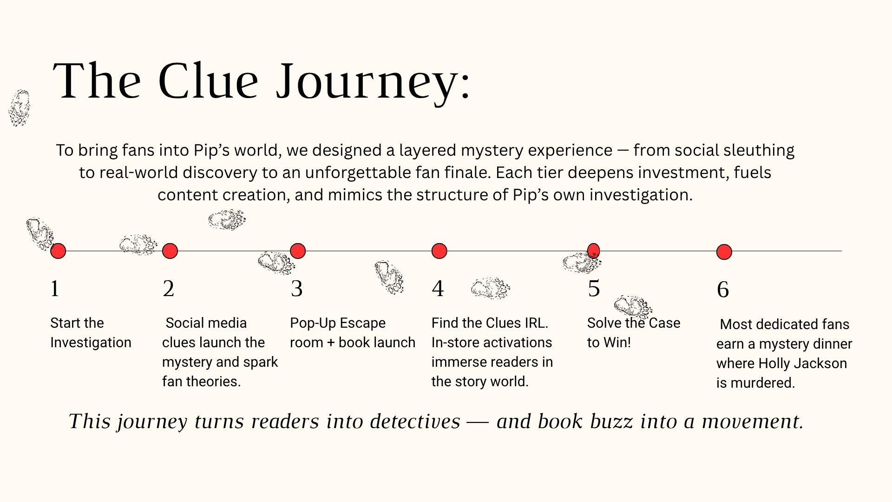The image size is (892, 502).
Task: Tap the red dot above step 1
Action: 58,251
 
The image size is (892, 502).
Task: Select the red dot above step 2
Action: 170,251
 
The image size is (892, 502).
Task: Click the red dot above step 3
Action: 298,251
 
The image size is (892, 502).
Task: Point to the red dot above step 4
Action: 439,251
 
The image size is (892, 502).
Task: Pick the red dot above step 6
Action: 724,252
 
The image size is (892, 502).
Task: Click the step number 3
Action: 296,289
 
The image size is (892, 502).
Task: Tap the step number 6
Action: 723,290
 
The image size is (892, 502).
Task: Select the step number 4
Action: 438,289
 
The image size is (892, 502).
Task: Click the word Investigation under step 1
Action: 91,343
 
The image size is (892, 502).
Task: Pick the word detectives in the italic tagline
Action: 415,421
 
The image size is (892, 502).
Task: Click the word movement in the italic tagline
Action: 752,421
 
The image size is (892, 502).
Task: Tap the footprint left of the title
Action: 19,108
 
